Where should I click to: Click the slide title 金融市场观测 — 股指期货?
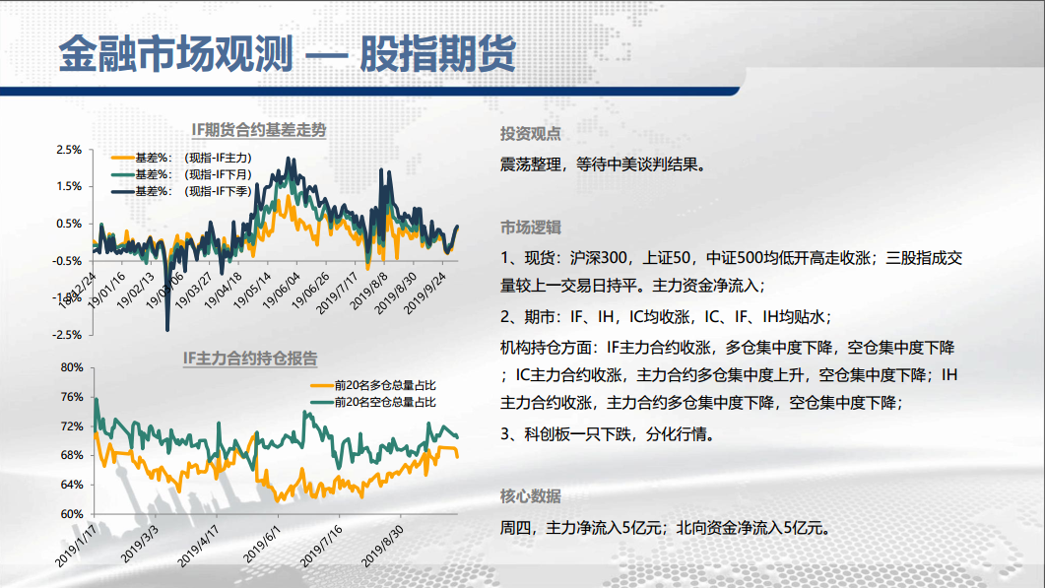coord(288,53)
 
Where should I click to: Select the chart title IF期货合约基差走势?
coord(259,130)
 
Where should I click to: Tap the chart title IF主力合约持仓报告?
coord(250,358)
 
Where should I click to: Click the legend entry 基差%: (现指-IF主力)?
coord(181,158)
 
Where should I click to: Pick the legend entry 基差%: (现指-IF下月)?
coord(181,174)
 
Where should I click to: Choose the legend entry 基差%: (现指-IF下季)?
coord(181,191)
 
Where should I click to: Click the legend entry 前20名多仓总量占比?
coord(373,385)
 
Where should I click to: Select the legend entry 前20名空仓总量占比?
coord(373,402)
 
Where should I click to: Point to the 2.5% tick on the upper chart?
coord(69,150)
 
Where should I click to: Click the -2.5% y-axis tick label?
coord(67,335)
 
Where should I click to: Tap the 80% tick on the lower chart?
coord(71,367)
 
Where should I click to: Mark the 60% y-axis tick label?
coord(71,514)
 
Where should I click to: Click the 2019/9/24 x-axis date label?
coord(425,293)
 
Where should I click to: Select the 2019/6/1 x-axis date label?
coord(261,544)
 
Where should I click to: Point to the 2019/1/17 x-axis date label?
coord(75,546)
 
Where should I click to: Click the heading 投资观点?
coord(531,134)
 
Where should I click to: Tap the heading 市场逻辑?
coord(531,228)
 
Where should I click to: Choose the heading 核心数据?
coord(531,496)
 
